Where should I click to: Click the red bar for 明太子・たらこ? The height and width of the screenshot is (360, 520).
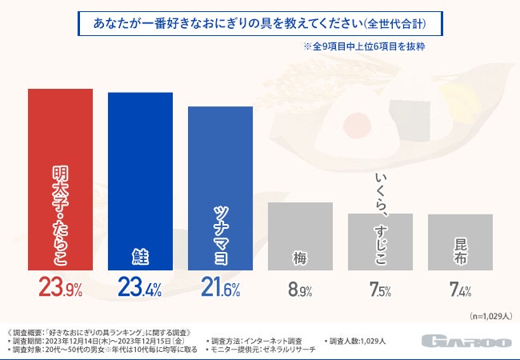[60, 180]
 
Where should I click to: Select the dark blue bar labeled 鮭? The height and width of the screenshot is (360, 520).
[140, 182]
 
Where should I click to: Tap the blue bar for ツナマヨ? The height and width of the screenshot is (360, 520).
[220, 188]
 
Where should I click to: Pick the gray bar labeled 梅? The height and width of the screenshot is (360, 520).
[300, 237]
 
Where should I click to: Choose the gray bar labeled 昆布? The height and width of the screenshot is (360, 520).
[460, 243]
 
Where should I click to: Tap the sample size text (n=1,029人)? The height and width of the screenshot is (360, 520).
[490, 317]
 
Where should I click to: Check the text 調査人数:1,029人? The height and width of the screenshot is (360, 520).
[357, 340]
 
